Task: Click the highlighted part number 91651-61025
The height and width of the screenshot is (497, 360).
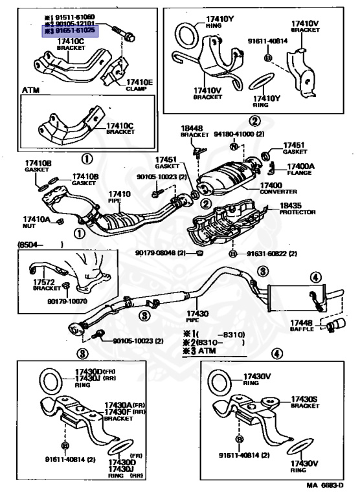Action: pos(72,31)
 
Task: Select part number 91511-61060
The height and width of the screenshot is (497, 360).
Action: pos(72,16)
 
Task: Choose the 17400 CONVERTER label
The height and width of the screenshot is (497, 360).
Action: pos(278,188)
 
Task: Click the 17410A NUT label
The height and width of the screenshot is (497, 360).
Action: pos(36,221)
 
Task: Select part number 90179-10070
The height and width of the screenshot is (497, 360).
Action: pos(64,301)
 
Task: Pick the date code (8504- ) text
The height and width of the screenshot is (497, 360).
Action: pos(38,245)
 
